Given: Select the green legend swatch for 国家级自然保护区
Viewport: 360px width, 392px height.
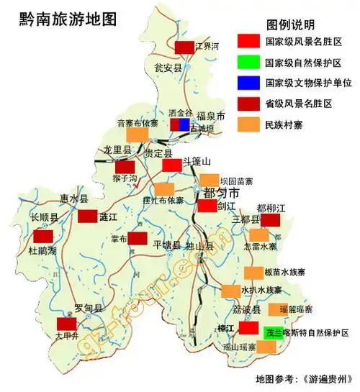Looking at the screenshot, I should (x=247, y=63).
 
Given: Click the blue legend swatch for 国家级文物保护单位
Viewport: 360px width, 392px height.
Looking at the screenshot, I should (x=247, y=83).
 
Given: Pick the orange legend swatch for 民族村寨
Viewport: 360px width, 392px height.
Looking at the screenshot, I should (x=247, y=124).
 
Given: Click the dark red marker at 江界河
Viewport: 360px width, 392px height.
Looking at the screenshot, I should (x=185, y=47).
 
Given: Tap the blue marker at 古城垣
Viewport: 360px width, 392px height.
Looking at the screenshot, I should (x=184, y=124).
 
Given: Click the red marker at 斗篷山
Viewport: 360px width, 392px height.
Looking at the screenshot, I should (x=171, y=165).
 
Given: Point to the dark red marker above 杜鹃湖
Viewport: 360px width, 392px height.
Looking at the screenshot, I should (x=43, y=235).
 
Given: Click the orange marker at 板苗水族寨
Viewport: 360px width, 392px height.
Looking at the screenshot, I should (x=253, y=273).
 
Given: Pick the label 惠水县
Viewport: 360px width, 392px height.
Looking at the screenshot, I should (x=73, y=199).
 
